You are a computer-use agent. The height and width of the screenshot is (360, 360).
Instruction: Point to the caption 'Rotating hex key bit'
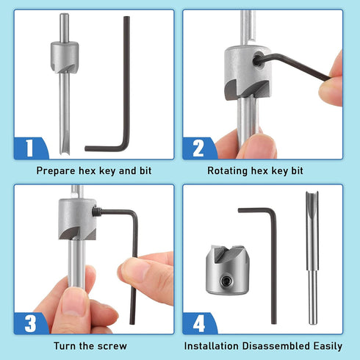pyautogui.click(x=262, y=170)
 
